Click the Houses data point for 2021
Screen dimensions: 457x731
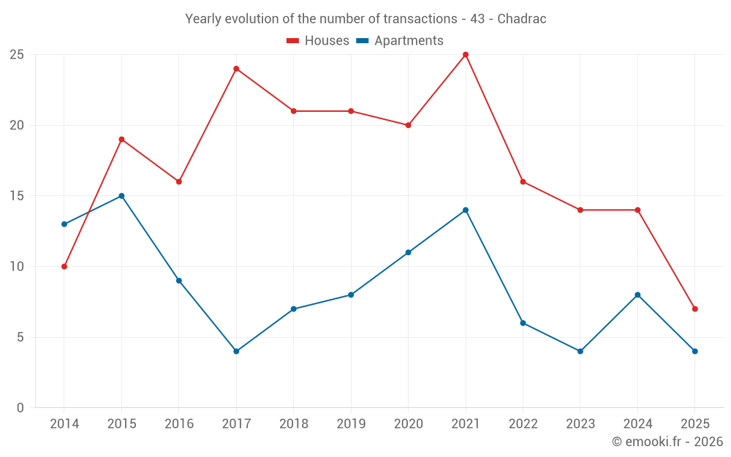[x=466, y=55]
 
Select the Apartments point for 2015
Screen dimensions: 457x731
[x=121, y=196]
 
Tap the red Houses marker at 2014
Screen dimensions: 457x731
[x=64, y=266]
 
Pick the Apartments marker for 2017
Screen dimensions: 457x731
[x=236, y=351]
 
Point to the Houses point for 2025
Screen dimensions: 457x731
[x=694, y=309]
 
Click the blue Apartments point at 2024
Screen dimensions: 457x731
[x=637, y=295]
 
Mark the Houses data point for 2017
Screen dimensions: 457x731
[x=236, y=69]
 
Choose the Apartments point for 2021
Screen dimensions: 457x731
[x=466, y=210]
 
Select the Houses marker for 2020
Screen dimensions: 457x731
[x=408, y=125]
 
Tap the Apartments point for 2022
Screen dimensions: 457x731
[x=523, y=323]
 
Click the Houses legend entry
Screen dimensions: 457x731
[x=318, y=41]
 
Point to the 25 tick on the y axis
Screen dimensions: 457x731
[x=17, y=55]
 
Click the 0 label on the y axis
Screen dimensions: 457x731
[x=20, y=408]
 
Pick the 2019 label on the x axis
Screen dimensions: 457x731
[x=351, y=424]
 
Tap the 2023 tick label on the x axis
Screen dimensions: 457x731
[x=580, y=424]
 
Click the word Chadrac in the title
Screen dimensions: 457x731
[x=522, y=19]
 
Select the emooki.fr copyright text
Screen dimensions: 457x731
[x=667, y=442]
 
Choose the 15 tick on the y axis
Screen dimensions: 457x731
[x=17, y=196]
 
